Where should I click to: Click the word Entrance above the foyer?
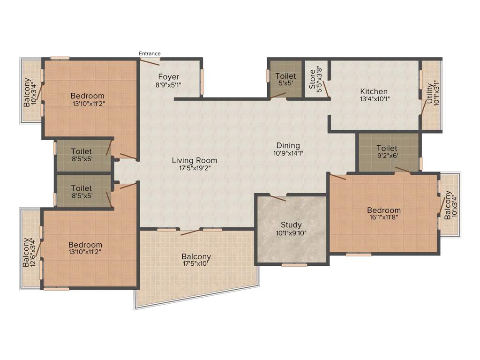click(x=150, y=53)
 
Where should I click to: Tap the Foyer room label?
click(x=168, y=77)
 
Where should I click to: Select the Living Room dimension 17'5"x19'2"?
click(x=194, y=168)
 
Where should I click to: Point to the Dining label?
click(x=287, y=145)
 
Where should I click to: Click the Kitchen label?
click(x=374, y=91)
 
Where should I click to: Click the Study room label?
click(x=291, y=225)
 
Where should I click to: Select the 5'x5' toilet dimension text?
click(x=285, y=83)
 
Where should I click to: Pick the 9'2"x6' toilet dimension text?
click(x=387, y=156)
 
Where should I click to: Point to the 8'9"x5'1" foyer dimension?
click(x=168, y=85)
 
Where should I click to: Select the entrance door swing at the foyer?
click(x=150, y=61)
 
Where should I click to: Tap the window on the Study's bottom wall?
click(x=294, y=265)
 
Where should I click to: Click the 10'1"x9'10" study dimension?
click(x=291, y=233)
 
